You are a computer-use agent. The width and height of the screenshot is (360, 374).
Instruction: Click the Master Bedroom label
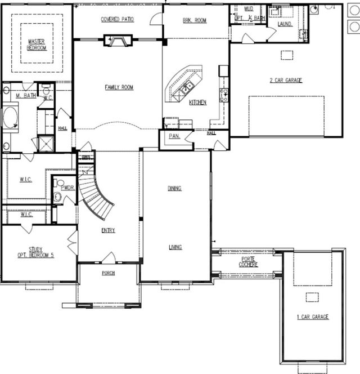point(37,44)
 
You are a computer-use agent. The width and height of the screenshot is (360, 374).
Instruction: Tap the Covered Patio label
point(117,20)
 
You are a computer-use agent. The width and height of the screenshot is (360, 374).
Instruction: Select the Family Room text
point(119,87)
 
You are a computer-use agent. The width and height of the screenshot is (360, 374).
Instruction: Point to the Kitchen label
point(197,103)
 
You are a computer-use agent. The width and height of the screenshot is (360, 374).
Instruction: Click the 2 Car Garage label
point(286,81)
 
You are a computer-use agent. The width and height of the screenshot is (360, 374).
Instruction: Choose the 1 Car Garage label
point(313,317)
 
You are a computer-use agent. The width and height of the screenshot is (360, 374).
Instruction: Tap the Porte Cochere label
point(248,262)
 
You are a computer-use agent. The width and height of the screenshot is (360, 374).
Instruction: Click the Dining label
point(174,188)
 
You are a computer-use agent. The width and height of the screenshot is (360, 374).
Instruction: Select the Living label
point(174,247)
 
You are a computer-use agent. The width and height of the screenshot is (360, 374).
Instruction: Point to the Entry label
point(108,230)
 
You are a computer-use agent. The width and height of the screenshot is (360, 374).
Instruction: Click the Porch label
point(108,273)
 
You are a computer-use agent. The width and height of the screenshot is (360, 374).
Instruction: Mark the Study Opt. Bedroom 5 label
point(35,252)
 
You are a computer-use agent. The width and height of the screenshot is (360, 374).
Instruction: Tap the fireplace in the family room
point(118,40)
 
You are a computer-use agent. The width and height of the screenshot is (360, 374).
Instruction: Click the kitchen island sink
point(187,86)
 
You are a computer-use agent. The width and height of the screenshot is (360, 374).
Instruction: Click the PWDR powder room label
point(67,188)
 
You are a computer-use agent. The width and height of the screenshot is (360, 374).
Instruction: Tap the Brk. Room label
point(195,20)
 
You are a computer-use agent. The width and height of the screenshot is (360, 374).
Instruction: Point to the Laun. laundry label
point(285,25)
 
